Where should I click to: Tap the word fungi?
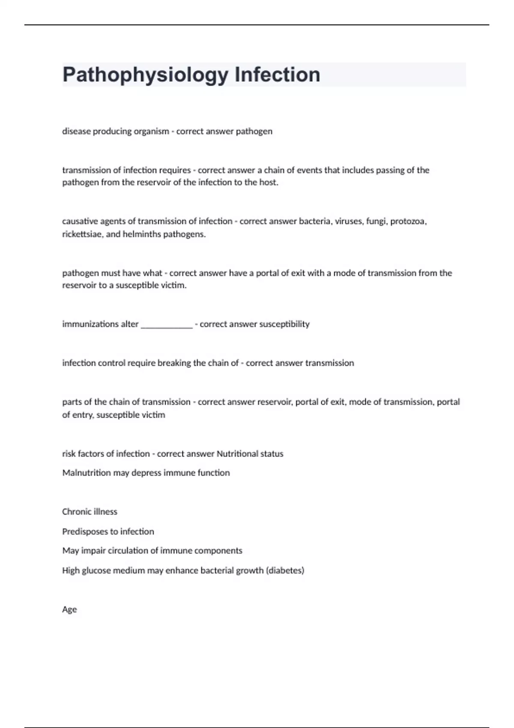pos(376,221)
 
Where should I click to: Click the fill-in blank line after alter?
pos(167,325)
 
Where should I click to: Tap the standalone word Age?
pos(69,610)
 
